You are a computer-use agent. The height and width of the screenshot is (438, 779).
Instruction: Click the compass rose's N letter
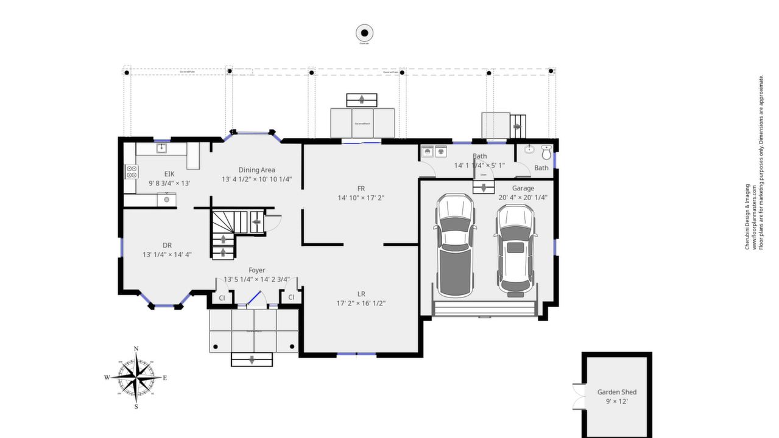136,349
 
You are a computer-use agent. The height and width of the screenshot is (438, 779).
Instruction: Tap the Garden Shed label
616,392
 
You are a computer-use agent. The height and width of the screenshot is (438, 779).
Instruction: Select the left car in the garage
455,245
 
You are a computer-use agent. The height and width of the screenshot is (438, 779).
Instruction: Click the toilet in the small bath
546,152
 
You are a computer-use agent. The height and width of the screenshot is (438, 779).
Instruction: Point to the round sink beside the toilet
530,149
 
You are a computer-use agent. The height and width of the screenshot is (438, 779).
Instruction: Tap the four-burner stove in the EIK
130,172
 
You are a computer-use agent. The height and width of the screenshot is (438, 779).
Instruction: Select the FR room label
361,188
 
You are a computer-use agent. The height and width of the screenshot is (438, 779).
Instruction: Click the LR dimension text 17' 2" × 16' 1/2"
361,303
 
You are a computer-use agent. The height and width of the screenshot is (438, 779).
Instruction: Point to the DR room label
167,245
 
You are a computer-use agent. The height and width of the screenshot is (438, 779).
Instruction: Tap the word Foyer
256,270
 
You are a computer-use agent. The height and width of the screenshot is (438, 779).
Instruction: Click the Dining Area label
256,170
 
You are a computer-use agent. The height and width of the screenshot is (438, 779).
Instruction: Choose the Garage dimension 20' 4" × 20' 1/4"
523,197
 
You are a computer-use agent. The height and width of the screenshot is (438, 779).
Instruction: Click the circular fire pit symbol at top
364,33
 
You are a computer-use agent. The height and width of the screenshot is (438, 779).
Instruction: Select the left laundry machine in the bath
427,152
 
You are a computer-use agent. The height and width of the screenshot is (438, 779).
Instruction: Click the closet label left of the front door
222,297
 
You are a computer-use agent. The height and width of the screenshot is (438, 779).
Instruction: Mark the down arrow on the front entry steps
252,360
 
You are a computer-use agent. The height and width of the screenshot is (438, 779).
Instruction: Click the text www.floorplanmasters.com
754,217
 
